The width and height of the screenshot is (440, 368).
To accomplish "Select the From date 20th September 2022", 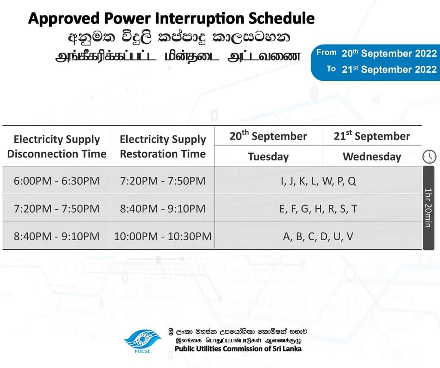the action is (389, 53).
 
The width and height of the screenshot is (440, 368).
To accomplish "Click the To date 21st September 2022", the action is (389, 69).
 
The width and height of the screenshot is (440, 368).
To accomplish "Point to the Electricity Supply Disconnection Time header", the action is (57, 146).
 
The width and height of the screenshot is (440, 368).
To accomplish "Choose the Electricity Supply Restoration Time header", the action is (163, 146).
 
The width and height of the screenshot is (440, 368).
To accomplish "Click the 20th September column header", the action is (268, 136).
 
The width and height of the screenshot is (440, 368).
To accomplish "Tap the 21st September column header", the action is (372, 136).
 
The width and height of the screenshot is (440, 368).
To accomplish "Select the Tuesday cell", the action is (268, 157).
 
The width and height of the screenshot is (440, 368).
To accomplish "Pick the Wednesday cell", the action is (372, 157).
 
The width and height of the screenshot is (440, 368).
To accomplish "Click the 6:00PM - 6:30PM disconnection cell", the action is (57, 181).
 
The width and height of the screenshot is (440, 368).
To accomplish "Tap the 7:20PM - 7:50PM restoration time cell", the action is (163, 181).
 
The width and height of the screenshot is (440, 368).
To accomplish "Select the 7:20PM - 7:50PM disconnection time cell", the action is (57, 208).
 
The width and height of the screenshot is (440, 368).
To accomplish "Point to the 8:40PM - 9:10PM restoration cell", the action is (163, 208).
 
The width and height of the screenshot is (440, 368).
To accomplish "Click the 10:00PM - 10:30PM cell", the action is (163, 236).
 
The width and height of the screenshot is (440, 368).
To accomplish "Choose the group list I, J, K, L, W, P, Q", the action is (319, 181).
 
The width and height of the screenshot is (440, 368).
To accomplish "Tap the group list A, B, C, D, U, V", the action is (318, 237).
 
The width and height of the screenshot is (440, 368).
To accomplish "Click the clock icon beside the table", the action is (429, 156).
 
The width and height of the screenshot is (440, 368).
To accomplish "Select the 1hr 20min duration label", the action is (429, 208).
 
